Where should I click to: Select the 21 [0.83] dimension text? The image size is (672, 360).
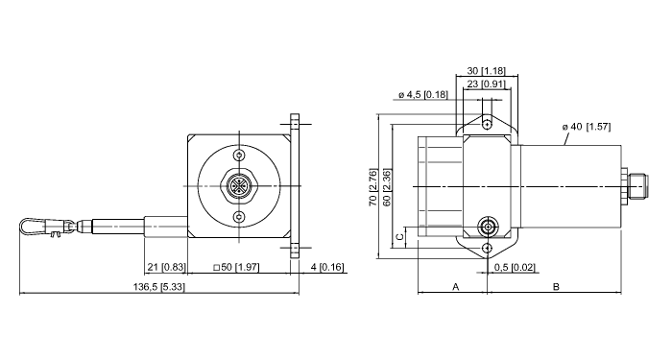166,266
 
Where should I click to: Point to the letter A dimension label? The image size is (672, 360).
455,286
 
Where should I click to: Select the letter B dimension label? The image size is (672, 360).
556,286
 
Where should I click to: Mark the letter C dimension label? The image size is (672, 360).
398,236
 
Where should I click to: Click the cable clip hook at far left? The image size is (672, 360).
36,228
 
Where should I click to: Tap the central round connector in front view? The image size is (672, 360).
239,186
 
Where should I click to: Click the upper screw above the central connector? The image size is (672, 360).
239,156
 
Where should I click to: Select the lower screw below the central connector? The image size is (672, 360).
239,217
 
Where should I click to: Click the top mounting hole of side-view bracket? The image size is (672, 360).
487,124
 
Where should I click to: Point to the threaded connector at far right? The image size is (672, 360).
635,187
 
